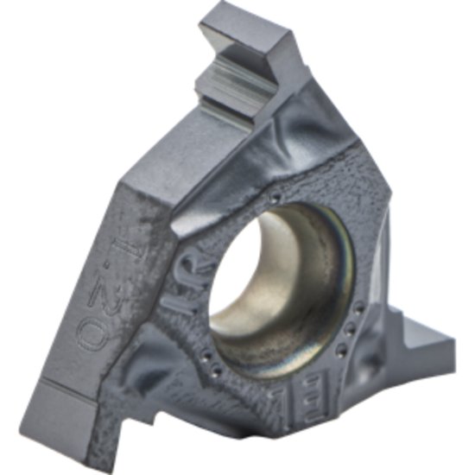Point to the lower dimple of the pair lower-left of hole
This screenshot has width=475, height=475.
216,373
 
